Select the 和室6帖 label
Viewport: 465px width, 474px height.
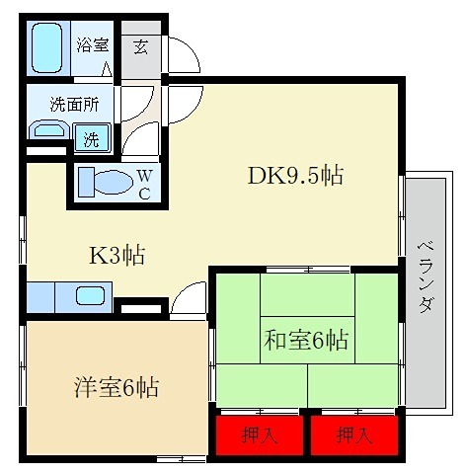click(305, 340)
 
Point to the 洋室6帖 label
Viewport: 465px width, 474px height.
click(116, 386)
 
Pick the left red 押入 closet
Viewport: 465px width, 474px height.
click(259, 434)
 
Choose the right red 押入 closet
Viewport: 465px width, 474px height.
click(353, 434)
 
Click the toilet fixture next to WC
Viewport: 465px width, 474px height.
click(104, 183)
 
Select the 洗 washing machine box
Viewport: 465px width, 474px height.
click(91, 139)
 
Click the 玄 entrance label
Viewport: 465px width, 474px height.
click(140, 46)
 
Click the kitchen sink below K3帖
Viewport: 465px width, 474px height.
click(91, 295)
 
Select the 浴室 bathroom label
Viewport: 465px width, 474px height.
click(94, 44)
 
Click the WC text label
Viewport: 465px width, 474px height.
click(144, 183)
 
